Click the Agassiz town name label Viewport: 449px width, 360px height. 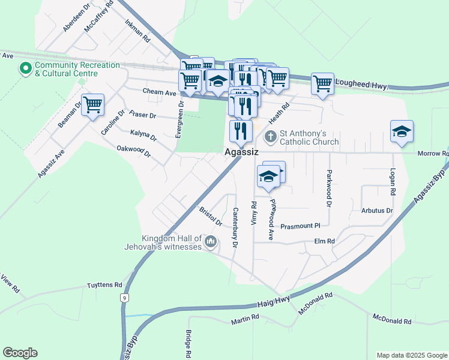(x=241, y=152)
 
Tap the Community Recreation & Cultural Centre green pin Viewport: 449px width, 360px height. (x=26, y=69)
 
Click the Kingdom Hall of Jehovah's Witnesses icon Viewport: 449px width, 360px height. (x=210, y=242)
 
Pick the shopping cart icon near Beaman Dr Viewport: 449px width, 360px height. (x=92, y=106)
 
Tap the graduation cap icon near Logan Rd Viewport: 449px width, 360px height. (x=402, y=132)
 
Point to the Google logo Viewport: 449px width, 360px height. (x=20, y=353)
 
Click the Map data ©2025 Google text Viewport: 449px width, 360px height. (x=412, y=355)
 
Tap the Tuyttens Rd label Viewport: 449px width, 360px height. (x=104, y=286)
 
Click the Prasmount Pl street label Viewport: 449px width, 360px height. (x=301, y=226)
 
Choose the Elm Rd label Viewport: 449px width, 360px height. (x=324, y=241)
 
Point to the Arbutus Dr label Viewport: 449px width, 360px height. (x=377, y=211)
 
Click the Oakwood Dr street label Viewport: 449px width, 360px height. (x=133, y=151)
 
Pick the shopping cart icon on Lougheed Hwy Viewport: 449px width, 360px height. (x=323, y=83)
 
